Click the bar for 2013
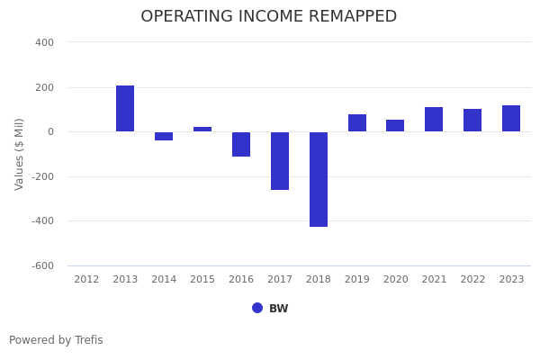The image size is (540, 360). pos(125,109)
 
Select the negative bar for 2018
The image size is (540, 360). pos(319,179)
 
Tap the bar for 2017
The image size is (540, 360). pos(280,160)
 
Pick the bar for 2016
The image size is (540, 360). pos(241,144)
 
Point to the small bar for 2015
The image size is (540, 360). pos(202,130)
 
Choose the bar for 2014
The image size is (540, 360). pos(164,136)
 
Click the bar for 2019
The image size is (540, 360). pos(357,123)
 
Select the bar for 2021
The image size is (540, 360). pos(434,120)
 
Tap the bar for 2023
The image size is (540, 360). pos(511,119)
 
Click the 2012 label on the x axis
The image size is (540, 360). pos(86,280)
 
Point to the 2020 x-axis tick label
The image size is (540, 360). pos(395,280)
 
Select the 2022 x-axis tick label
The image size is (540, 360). pos(472,280)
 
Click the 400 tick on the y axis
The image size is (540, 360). pos(45,42)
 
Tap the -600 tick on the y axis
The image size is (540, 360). pos(43,265)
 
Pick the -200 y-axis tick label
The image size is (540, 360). pos(43,176)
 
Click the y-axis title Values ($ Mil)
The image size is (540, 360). pos(20,154)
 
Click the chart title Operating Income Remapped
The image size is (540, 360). pos(268,17)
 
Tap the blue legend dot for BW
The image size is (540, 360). pos(257,308)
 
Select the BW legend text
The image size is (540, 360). pos(279,309)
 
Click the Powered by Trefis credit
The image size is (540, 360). pos(56,340)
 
